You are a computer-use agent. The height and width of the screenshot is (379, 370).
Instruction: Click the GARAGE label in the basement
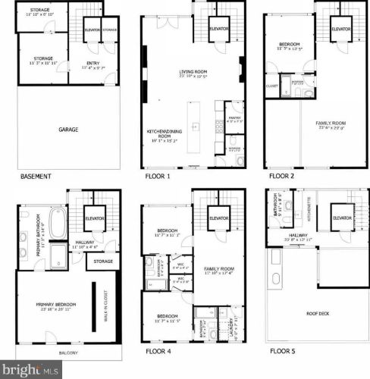pyautogui.click(x=68, y=130)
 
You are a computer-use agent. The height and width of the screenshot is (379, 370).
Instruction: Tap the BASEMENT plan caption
pyautogui.click(x=36, y=177)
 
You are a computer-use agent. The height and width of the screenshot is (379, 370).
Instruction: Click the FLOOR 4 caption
pyautogui.click(x=160, y=352)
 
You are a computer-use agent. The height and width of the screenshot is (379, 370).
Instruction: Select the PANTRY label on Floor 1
pyautogui.click(x=235, y=117)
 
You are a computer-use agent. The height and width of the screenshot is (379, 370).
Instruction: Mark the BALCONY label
pyautogui.click(x=68, y=353)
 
